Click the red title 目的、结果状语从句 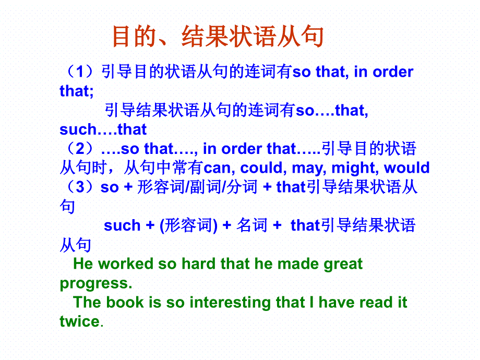pyautogui.click(x=218, y=37)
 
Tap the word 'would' pyautogui.click(x=407, y=168)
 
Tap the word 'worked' pyautogui.click(x=126, y=263)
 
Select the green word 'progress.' pyautogui.click(x=96, y=284)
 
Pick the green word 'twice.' pyautogui.click(x=81, y=321)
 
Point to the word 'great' pyautogui.click(x=343, y=265)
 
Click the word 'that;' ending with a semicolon pyautogui.click(x=77, y=91)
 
